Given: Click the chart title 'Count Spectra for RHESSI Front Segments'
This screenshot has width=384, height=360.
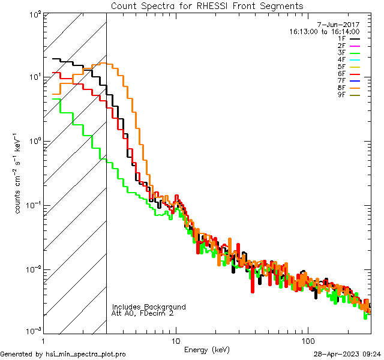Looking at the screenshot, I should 207,6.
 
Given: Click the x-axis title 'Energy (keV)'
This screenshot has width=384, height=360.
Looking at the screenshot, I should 207,349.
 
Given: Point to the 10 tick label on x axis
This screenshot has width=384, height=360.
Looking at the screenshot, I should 176,340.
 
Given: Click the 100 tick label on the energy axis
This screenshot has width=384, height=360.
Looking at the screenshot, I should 308,340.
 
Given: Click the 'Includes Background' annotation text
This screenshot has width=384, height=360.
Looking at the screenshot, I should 149,307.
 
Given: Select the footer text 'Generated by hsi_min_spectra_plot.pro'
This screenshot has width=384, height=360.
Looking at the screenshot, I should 63,354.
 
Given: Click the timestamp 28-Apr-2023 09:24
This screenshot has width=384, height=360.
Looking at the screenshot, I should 347,354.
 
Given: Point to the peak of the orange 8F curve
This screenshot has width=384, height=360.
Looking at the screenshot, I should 103,63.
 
